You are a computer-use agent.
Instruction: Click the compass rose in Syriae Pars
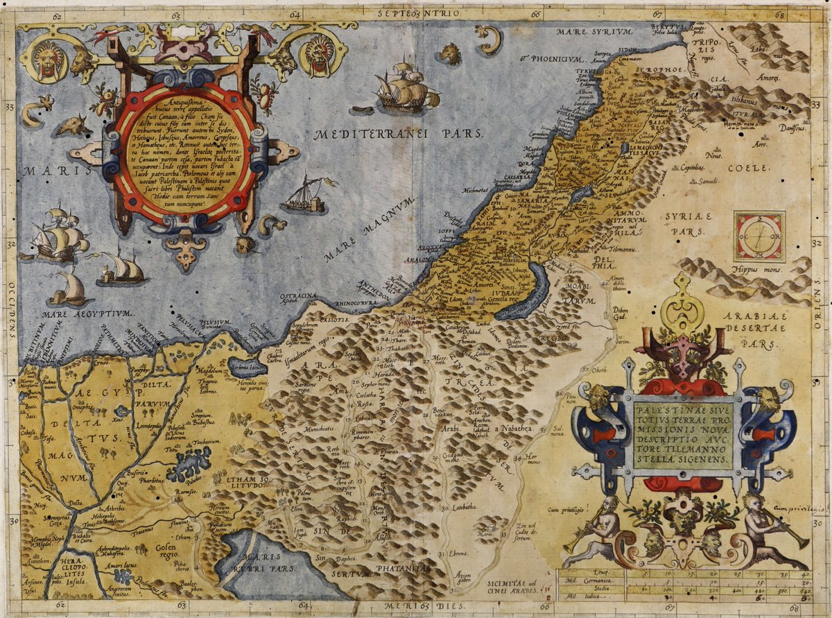click(x=759, y=237)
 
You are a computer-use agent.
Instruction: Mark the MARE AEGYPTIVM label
click(x=88, y=314)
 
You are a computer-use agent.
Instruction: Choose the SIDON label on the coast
click(x=628, y=51)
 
